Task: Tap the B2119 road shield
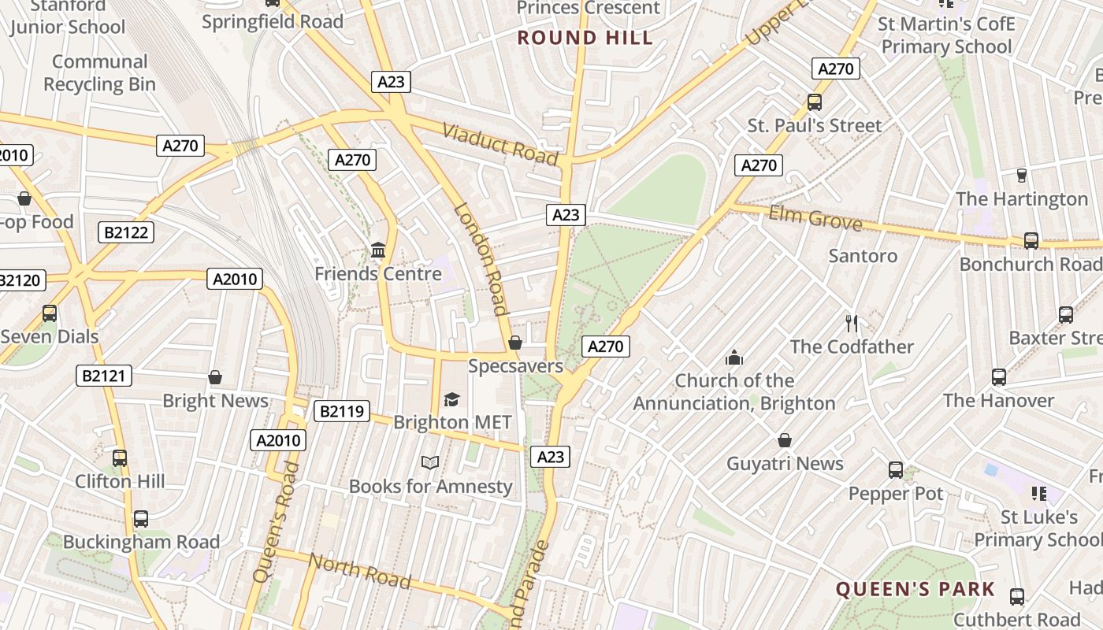342,411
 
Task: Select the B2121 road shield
104,376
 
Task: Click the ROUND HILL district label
585,38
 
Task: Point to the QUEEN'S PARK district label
915,589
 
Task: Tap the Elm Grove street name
815,217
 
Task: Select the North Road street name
360,571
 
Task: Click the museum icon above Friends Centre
378,250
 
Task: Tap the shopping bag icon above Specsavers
515,343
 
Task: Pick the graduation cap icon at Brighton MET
451,400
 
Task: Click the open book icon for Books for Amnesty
429,463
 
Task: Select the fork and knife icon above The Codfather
851,323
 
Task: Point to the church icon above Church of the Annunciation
734,358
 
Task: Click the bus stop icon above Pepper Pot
896,470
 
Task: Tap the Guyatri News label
785,463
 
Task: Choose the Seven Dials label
50,336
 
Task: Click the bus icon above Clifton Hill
120,458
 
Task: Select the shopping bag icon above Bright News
215,377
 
